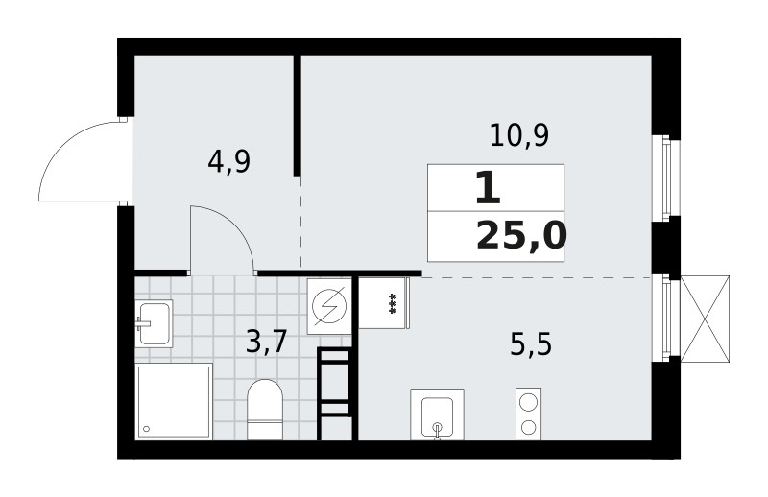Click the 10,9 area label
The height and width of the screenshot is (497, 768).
pyautogui.click(x=519, y=135)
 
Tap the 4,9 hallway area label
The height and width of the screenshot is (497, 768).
pyautogui.click(x=228, y=161)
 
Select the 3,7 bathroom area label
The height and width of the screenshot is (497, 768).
pyautogui.click(x=266, y=342)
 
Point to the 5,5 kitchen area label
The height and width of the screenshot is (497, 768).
pyautogui.click(x=531, y=344)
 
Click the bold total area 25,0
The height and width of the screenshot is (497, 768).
pyautogui.click(x=521, y=235)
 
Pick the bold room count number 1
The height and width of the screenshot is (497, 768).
pyautogui.click(x=488, y=189)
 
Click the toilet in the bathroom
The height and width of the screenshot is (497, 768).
pyautogui.click(x=265, y=410)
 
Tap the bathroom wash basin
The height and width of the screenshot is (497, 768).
pyautogui.click(x=154, y=323)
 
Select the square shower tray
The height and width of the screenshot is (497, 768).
pyautogui.click(x=174, y=401)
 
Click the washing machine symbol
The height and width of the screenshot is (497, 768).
pyautogui.click(x=329, y=306)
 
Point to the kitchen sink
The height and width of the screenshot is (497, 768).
pyautogui.click(x=437, y=414)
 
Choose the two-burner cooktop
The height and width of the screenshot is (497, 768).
pyautogui.click(x=529, y=414)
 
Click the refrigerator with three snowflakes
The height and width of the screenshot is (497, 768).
pyautogui.click(x=384, y=302)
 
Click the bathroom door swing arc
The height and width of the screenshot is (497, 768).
pyautogui.click(x=236, y=225)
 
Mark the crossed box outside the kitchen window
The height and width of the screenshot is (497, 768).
pyautogui.click(x=705, y=319)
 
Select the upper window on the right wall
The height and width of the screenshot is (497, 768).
pyautogui.click(x=665, y=177)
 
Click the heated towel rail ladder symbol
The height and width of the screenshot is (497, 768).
pyautogui.click(x=335, y=393)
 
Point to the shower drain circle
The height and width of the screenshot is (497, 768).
pyautogui.click(x=146, y=429)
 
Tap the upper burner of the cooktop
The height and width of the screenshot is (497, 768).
pyautogui.click(x=529, y=403)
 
